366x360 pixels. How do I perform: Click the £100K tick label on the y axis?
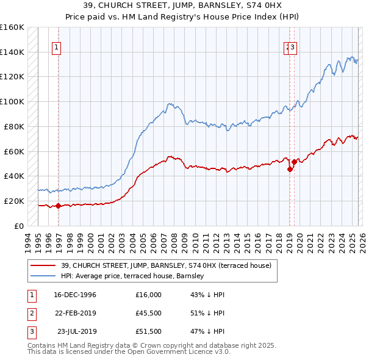(12, 101)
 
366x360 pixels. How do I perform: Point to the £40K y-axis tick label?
(14, 176)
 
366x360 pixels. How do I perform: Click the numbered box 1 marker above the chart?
(56, 48)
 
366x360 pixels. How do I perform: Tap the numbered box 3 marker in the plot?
(293, 48)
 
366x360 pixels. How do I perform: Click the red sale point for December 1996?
(59, 206)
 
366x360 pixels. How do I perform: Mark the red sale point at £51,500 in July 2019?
(294, 162)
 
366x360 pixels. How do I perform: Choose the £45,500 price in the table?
(149, 313)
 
